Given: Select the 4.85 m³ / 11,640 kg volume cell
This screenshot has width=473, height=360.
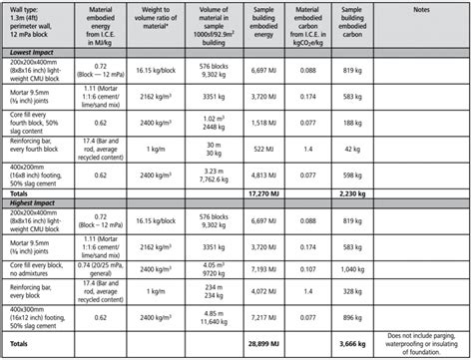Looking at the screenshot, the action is [227, 316].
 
